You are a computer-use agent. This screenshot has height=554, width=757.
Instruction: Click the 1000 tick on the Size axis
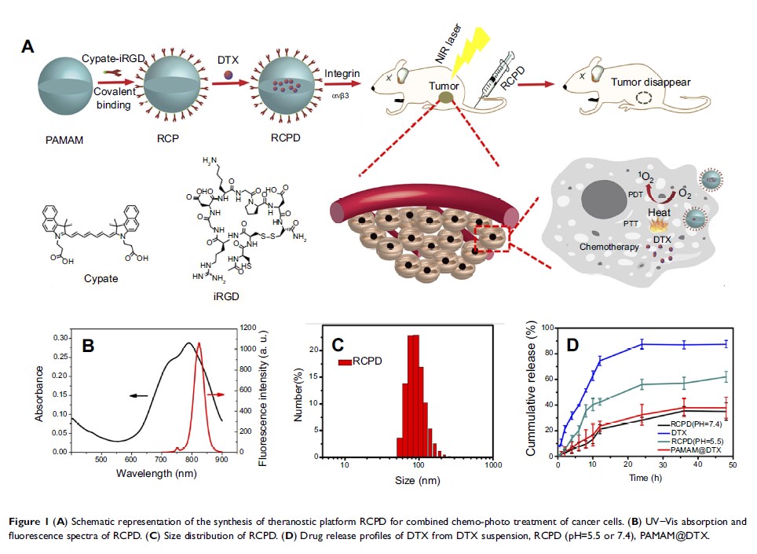point(493,465)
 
